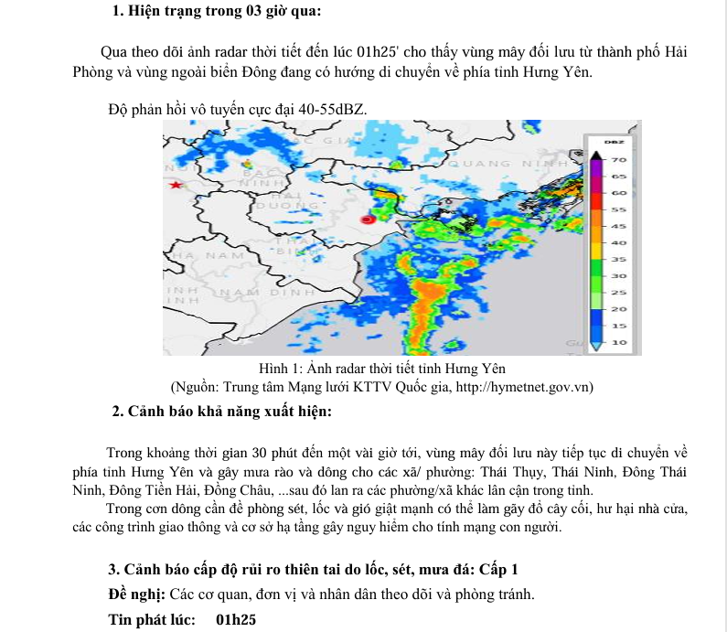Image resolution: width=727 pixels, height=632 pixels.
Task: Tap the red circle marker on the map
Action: click(x=368, y=220)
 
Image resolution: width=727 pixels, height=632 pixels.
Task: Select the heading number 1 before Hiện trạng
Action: click(x=117, y=12)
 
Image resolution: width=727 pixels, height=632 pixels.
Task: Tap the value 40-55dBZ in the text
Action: click(x=326, y=110)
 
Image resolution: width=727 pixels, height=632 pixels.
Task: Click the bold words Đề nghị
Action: click(x=138, y=595)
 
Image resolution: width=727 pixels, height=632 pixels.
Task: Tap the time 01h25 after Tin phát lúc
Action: click(x=236, y=620)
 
